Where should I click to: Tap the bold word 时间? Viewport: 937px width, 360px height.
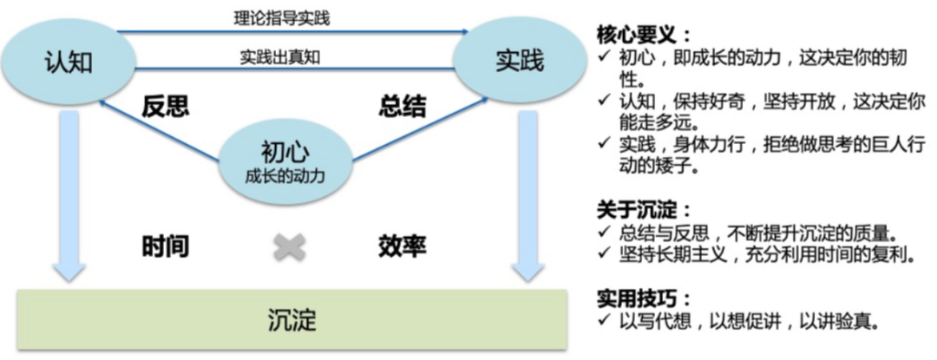pyautogui.click(x=165, y=246)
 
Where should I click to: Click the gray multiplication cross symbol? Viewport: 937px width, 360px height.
pyautogui.click(x=290, y=247)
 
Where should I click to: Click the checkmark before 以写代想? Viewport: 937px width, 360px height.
pyautogui.click(x=604, y=322)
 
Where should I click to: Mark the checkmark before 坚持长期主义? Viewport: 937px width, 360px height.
pyautogui.click(x=604, y=255)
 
